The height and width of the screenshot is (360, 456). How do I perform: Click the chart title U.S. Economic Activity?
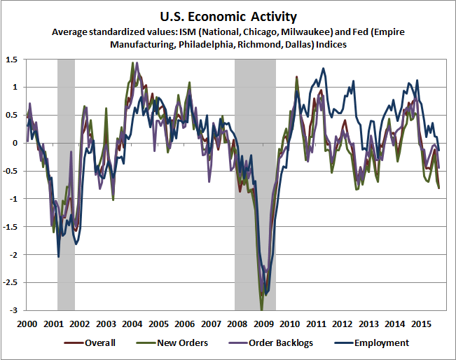point(228,15)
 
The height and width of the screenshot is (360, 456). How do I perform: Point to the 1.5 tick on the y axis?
point(13,59)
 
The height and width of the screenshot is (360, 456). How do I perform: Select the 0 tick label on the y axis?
point(17,143)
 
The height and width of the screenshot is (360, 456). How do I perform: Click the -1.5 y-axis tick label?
point(11,227)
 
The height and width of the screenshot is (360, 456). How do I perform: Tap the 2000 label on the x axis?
point(27,324)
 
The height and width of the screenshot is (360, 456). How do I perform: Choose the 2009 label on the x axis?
point(263,324)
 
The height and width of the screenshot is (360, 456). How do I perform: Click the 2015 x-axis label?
point(420,324)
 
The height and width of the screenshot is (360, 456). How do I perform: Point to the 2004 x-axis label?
point(132,324)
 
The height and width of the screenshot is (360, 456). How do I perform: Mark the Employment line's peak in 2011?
point(323,69)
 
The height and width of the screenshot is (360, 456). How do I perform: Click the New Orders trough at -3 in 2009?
point(262,309)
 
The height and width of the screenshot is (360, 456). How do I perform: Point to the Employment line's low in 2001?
point(58,256)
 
